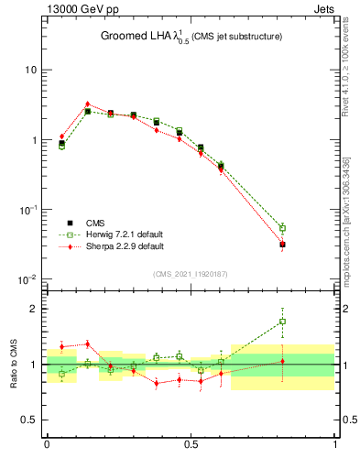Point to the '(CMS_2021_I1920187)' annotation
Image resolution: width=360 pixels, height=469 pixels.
pos(191,274)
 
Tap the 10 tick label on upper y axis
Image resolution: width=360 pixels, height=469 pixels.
pos(31,71)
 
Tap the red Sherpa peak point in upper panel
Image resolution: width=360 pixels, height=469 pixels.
pos(87,104)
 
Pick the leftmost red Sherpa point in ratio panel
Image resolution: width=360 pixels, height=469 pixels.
pos(61,346)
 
